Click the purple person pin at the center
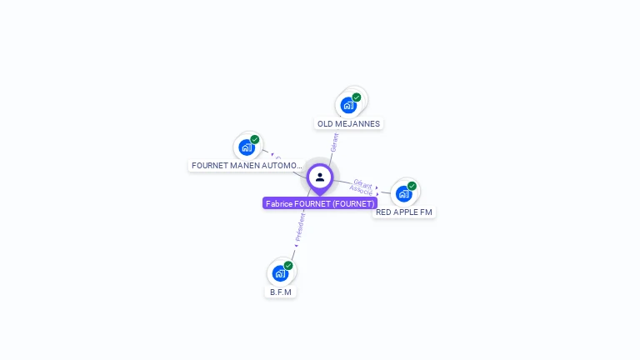tap(320, 177)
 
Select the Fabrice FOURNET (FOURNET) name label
tap(320, 203)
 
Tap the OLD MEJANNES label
tap(348, 124)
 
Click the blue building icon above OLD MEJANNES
tap(348, 106)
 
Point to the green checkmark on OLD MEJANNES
tap(357, 97)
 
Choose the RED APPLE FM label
tap(404, 212)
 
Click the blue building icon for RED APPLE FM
tap(403, 194)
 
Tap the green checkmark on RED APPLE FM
tap(412, 186)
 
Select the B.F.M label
tap(281, 292)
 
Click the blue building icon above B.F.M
tap(280, 273)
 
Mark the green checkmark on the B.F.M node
tap(288, 265)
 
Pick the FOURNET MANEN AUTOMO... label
tap(247, 166)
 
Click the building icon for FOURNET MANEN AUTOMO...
tap(247, 147)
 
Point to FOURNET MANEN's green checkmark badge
tap(255, 139)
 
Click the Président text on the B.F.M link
tap(301, 225)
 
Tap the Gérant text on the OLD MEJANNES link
tap(334, 142)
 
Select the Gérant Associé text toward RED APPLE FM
tap(362, 186)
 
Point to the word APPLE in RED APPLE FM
tap(405, 212)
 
